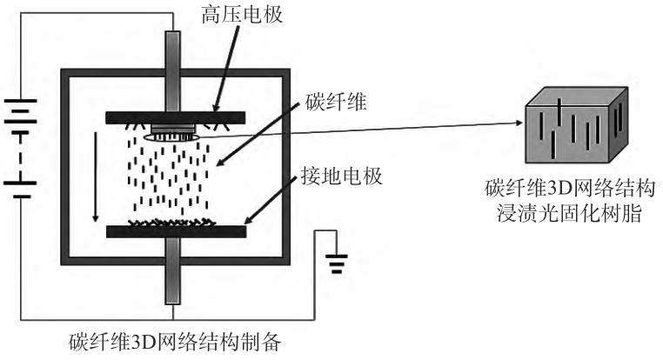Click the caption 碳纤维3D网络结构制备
tap(173, 342)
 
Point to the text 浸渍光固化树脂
tap(571, 212)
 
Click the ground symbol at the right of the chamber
tap(337, 261)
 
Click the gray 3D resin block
tap(573, 130)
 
